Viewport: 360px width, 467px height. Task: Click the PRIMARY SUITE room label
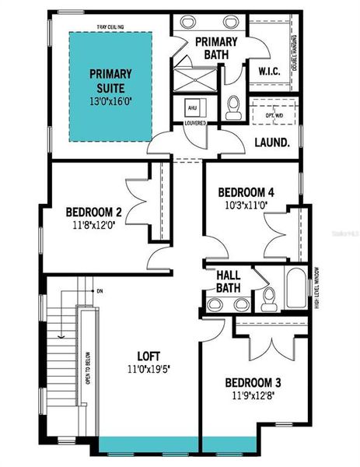coord(110,79)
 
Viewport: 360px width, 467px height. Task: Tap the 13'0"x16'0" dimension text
coord(110,100)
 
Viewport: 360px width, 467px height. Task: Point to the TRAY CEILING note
coord(112,26)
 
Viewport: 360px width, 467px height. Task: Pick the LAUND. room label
coord(271,142)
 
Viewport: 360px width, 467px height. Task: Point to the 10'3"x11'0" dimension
coord(245,207)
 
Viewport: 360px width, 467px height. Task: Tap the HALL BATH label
coord(228,282)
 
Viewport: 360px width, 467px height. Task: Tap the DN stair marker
coord(100,291)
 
